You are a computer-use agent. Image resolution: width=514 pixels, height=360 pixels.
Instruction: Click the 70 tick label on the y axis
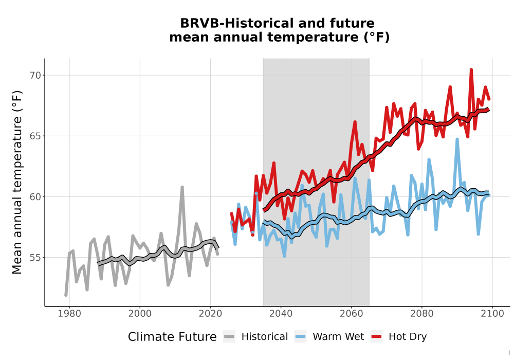(35, 76)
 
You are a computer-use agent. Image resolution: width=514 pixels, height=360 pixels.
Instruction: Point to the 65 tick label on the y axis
(35, 136)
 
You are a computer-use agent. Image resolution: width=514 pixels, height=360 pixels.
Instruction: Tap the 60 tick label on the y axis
(35, 197)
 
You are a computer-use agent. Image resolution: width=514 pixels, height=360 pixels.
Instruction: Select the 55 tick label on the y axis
(35, 258)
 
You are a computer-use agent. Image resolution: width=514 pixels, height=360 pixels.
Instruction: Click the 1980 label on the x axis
(69, 314)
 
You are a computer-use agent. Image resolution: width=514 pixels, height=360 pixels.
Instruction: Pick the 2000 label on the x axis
(140, 314)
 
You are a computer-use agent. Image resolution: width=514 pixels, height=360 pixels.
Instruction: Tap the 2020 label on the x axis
(210, 314)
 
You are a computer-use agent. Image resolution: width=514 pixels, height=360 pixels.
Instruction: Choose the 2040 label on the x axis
(281, 314)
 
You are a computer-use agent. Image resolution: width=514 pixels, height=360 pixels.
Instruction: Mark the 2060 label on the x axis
(352, 314)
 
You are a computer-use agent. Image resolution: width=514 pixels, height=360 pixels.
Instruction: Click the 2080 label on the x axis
(422, 314)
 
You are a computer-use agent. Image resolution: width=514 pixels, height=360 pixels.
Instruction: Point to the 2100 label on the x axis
(492, 314)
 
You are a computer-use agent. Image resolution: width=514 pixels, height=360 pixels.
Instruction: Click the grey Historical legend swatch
(229, 337)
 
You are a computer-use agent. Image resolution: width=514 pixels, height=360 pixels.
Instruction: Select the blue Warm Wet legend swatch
(300, 337)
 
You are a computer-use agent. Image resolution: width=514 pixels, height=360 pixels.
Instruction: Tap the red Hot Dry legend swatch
(377, 337)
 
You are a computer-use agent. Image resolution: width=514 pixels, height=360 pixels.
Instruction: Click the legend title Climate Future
(172, 337)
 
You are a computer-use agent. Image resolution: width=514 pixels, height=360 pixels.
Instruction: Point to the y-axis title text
(17, 182)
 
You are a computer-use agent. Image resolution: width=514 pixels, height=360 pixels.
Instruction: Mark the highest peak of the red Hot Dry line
(471, 69)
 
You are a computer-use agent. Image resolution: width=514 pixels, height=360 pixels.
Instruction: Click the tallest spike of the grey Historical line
(182, 187)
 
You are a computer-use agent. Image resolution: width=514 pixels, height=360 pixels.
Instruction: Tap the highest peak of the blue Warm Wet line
(457, 139)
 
